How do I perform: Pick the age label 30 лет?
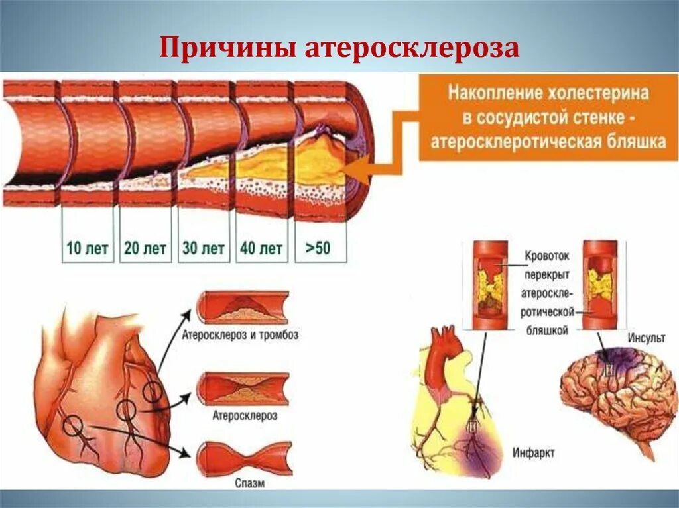point(204,249)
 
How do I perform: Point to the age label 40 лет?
point(261,249)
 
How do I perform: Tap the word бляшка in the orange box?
point(633,142)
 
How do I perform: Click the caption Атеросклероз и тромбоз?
point(240,335)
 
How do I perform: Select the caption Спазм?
point(249,483)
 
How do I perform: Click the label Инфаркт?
point(534,453)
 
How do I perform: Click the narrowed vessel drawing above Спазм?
point(243,456)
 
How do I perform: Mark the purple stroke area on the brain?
point(620,361)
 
